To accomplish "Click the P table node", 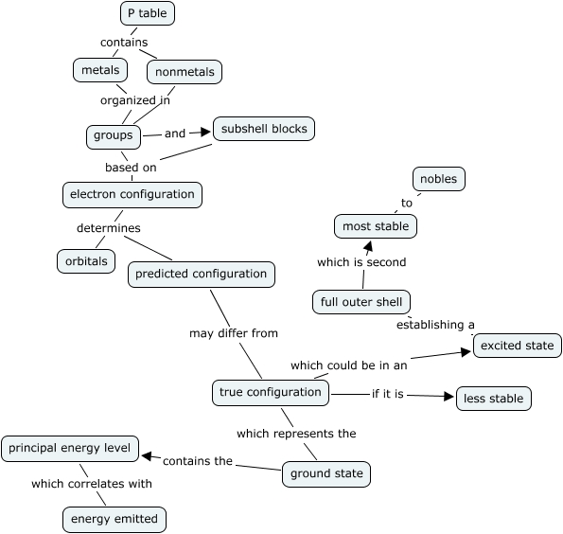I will click(149, 13).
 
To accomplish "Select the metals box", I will click(100, 70).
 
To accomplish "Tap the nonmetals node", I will click(184, 71).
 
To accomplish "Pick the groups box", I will click(114, 135).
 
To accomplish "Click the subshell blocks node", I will click(263, 128).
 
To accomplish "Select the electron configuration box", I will click(132, 194).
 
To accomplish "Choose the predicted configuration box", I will click(202, 274).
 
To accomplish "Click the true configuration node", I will click(270, 392).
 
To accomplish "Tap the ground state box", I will click(325, 473).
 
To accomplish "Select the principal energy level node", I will click(71, 448).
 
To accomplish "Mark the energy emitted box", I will click(114, 519).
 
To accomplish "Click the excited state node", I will click(518, 346).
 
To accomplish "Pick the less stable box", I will click(493, 399).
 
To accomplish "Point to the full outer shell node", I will click(361, 302).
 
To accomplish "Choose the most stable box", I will click(376, 226).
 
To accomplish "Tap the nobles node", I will click(439, 178).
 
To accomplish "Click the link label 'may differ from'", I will click(234, 333).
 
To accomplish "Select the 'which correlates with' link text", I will click(92, 484).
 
